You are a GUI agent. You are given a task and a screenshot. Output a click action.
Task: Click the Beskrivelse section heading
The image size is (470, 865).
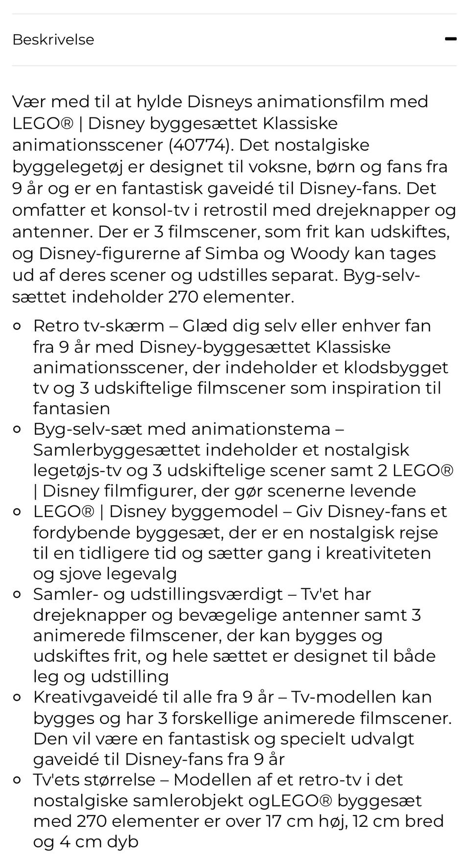53,40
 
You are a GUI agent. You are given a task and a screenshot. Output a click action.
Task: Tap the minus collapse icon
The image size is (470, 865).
450,39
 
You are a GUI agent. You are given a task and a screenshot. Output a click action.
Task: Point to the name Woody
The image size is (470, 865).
319,254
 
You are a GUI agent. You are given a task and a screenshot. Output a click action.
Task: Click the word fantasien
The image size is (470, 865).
71,409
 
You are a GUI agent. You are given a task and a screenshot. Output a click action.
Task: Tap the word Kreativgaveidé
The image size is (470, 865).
103,697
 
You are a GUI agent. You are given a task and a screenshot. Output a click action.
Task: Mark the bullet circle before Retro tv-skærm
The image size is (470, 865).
17,326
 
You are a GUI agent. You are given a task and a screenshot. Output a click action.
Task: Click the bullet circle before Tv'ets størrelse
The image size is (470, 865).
17,780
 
